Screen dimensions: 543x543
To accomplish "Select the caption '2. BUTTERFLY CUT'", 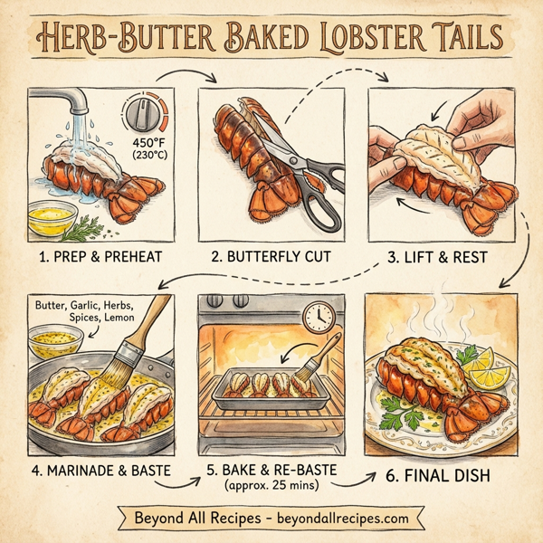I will (271, 257).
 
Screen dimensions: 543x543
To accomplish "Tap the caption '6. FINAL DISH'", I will (450, 473).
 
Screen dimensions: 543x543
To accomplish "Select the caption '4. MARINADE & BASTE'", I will (101, 472).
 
